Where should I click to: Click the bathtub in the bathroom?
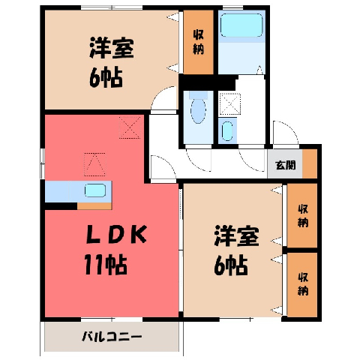241,25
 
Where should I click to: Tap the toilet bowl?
198,111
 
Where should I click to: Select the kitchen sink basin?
95,190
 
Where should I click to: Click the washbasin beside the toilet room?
227,131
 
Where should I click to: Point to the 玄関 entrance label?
285,165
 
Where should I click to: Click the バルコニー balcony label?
112,337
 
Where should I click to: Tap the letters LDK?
116,234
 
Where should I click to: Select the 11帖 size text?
106,265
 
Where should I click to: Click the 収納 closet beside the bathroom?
198,42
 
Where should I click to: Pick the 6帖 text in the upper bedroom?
106,77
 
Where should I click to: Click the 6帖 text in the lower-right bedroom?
231,265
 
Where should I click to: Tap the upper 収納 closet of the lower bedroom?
302,215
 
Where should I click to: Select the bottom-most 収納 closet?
302,284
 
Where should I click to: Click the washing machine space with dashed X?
229,103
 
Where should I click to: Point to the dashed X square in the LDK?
130,127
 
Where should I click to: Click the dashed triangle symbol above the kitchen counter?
94,164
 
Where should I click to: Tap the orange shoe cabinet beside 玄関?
310,163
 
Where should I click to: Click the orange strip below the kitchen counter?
94,206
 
